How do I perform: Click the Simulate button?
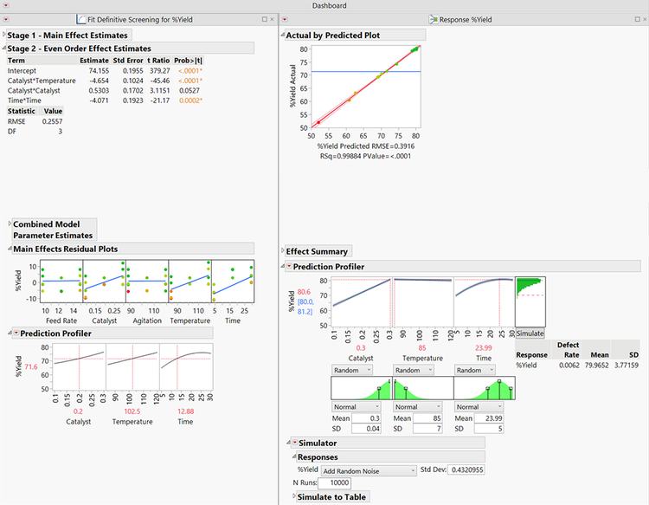point(530,333)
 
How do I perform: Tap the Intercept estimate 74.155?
point(94,70)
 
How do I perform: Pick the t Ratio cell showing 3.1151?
point(157,90)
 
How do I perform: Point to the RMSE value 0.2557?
point(53,121)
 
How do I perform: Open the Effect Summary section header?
point(317,251)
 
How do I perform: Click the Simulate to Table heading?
point(333,496)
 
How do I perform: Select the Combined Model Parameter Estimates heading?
point(53,230)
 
